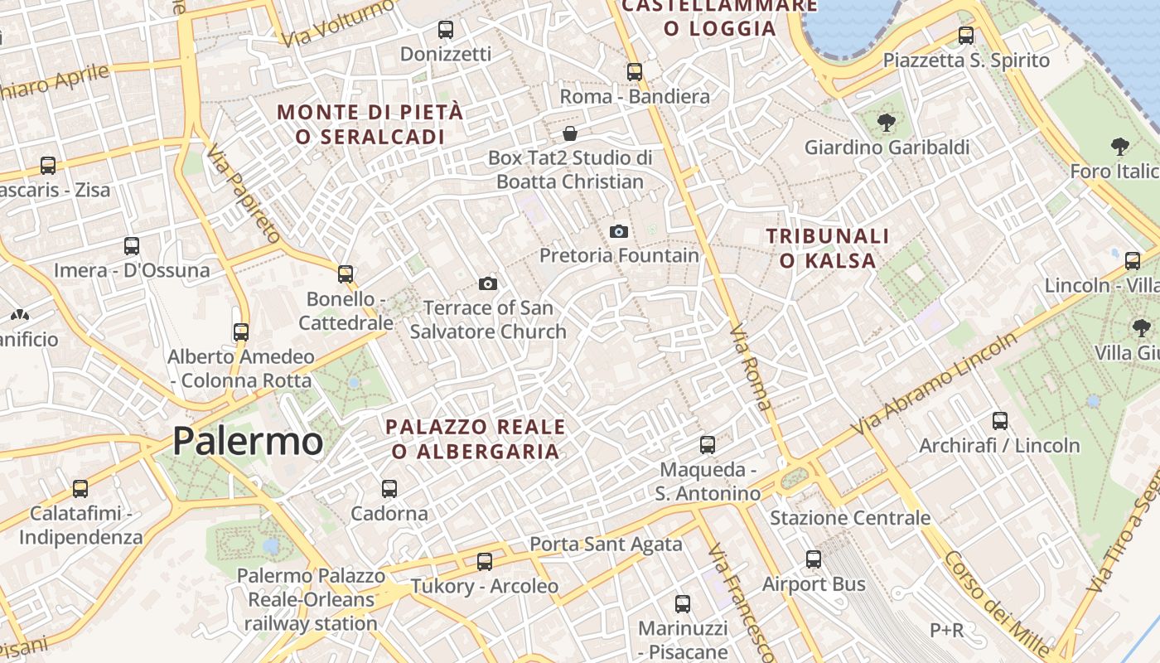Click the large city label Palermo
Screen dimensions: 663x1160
click(247, 441)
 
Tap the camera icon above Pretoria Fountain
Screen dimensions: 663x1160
click(619, 231)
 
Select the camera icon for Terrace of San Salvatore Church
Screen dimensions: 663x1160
click(488, 284)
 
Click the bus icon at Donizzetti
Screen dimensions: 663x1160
click(446, 30)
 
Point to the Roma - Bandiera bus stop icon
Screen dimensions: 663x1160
click(635, 72)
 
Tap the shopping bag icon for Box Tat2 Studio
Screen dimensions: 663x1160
click(570, 133)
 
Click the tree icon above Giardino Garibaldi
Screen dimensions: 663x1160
click(887, 123)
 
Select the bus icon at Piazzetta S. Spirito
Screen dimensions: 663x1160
click(966, 36)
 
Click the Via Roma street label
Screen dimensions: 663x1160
click(751, 369)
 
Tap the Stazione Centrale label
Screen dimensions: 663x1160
click(850, 518)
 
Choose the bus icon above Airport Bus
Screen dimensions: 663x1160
click(814, 559)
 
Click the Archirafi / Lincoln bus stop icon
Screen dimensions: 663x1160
click(1000, 421)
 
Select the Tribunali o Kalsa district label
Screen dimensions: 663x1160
click(827, 249)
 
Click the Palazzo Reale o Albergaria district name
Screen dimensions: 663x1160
click(476, 439)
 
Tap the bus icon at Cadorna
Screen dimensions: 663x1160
click(389, 489)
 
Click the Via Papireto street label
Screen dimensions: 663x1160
click(243, 195)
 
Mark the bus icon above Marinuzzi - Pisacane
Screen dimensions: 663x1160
click(683, 604)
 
